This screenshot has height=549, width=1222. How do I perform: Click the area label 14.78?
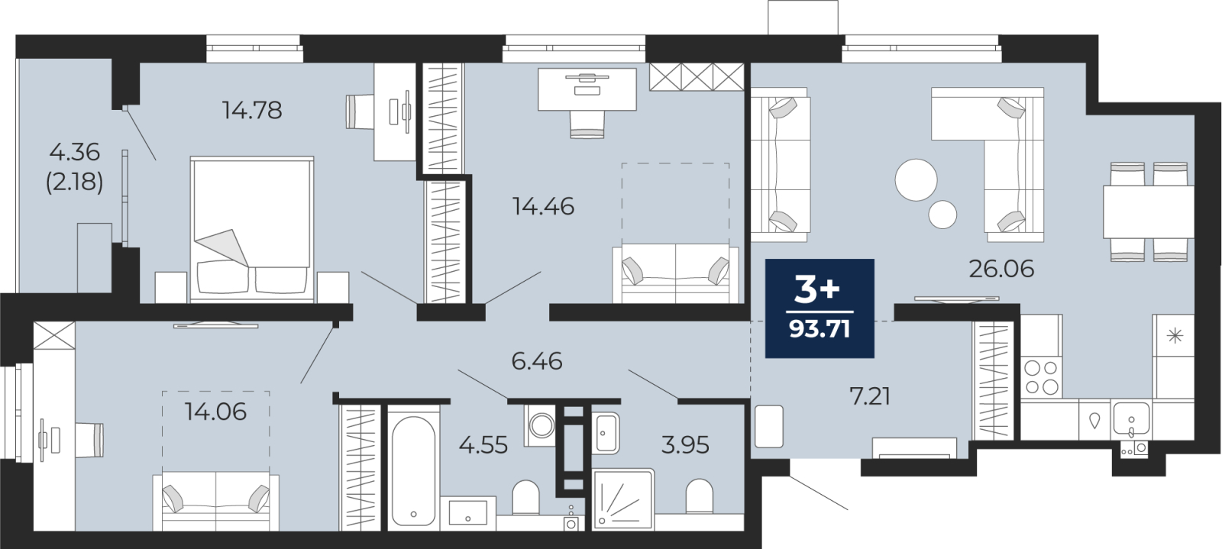tap(252, 110)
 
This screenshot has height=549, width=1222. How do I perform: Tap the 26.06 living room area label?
tap(1001, 269)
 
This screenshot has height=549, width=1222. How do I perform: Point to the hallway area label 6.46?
tap(536, 360)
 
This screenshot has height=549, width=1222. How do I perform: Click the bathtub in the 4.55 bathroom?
tap(413, 469)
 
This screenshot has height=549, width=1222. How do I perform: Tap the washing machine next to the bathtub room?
tap(541, 425)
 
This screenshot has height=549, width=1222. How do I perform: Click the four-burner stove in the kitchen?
tap(1041, 376)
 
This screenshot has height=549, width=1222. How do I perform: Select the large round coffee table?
tap(916, 180)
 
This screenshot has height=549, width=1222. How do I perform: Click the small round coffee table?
tap(942, 215)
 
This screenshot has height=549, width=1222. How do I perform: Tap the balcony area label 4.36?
tap(74, 152)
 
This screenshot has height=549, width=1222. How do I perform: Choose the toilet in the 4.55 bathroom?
tap(525, 497)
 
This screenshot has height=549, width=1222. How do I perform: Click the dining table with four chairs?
tap(1147, 212)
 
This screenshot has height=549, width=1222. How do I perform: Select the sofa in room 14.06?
tap(216, 502)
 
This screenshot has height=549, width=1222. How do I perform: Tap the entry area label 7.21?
tap(869, 396)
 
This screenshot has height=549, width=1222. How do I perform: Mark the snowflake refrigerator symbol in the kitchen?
tap(1175, 335)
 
